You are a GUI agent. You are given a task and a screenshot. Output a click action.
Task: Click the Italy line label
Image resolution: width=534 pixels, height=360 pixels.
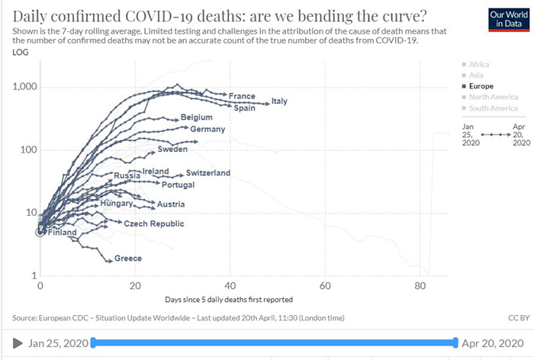click(279, 101)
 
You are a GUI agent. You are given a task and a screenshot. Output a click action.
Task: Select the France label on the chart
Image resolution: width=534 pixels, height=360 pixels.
click(242, 96)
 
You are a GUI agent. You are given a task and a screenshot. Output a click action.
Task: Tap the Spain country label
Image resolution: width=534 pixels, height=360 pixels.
click(244, 108)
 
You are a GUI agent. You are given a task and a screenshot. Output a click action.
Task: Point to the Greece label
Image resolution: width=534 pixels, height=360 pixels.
click(128, 259)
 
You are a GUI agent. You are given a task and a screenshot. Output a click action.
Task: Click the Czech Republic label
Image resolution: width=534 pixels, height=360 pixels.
click(154, 223)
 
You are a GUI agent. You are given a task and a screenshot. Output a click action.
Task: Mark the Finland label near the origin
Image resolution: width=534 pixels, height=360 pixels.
click(62, 232)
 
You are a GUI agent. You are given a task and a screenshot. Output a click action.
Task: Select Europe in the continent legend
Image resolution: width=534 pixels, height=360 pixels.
click(481, 87)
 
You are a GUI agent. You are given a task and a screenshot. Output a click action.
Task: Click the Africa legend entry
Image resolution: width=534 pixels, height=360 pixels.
click(479, 66)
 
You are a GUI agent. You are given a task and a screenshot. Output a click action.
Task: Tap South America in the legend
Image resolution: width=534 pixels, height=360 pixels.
click(494, 108)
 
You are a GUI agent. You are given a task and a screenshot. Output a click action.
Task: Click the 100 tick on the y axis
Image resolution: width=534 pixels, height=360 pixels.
click(28, 149)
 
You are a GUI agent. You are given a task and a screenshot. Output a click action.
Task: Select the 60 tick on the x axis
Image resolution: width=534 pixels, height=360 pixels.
click(325, 286)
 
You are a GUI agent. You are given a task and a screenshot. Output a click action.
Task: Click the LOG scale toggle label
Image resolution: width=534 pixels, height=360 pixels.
click(21, 52)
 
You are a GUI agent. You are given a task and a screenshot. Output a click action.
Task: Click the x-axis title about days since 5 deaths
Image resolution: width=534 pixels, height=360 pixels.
click(229, 299)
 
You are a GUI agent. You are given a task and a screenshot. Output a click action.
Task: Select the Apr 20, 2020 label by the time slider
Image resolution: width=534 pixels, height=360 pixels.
click(494, 343)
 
